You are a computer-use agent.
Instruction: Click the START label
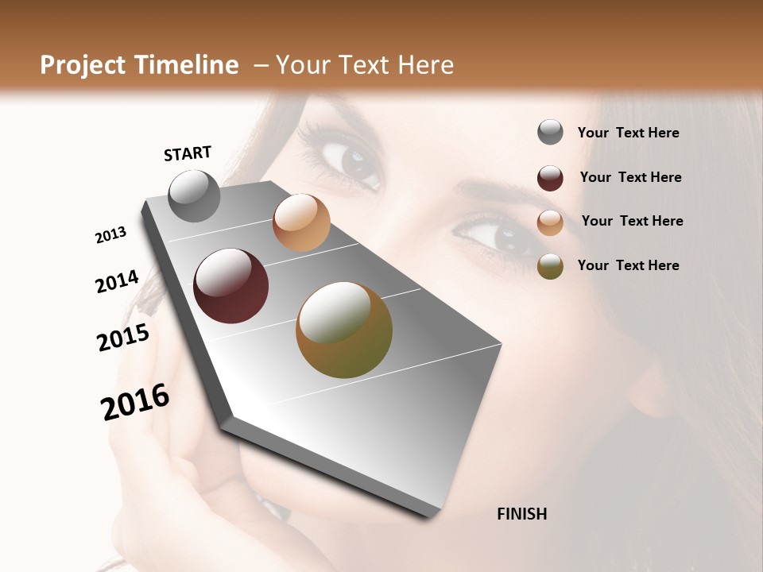pyautogui.click(x=188, y=153)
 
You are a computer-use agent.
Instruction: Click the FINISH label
pyautogui.click(x=522, y=514)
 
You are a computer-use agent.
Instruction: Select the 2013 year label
pyautogui.click(x=110, y=235)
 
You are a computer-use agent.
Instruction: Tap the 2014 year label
pyautogui.click(x=117, y=282)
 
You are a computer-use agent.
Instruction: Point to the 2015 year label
pyautogui.click(x=123, y=338)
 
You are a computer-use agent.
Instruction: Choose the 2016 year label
pyautogui.click(x=135, y=402)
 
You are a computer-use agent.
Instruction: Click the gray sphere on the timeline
pyautogui.click(x=195, y=195)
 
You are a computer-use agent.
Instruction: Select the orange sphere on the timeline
pyautogui.click(x=301, y=222)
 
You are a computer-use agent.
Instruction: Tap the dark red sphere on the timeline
pyautogui.click(x=231, y=286)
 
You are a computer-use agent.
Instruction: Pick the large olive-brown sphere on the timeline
pyautogui.click(x=344, y=330)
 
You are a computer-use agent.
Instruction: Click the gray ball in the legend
pyautogui.click(x=550, y=133)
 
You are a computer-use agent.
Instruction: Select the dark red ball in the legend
pyautogui.click(x=550, y=178)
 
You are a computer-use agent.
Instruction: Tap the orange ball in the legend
pyautogui.click(x=550, y=222)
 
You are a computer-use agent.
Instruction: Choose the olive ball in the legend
pyautogui.click(x=550, y=266)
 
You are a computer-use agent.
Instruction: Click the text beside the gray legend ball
pyautogui.click(x=628, y=133)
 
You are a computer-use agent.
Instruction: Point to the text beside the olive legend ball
pyautogui.click(x=628, y=265)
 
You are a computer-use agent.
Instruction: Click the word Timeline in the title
pyautogui.click(x=186, y=65)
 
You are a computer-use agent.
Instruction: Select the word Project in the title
pyautogui.click(x=83, y=65)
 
